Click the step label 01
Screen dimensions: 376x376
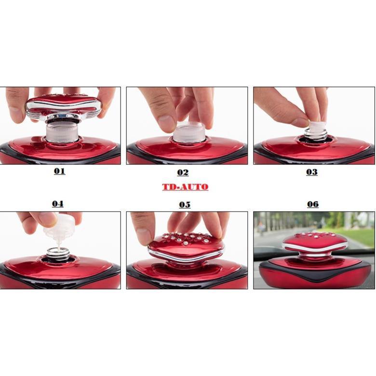tap(59, 172)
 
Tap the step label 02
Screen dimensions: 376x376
tap(183, 173)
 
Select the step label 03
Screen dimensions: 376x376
tap(312, 172)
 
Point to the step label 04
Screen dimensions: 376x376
tap(58, 204)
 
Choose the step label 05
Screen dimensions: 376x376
tap(185, 204)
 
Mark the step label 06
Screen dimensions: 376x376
tap(313, 204)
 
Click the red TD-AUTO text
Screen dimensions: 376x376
tap(185, 187)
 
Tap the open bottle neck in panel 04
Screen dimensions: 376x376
tap(58, 254)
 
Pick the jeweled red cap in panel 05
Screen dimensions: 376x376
tap(186, 247)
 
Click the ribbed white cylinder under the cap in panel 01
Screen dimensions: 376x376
tap(62, 132)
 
